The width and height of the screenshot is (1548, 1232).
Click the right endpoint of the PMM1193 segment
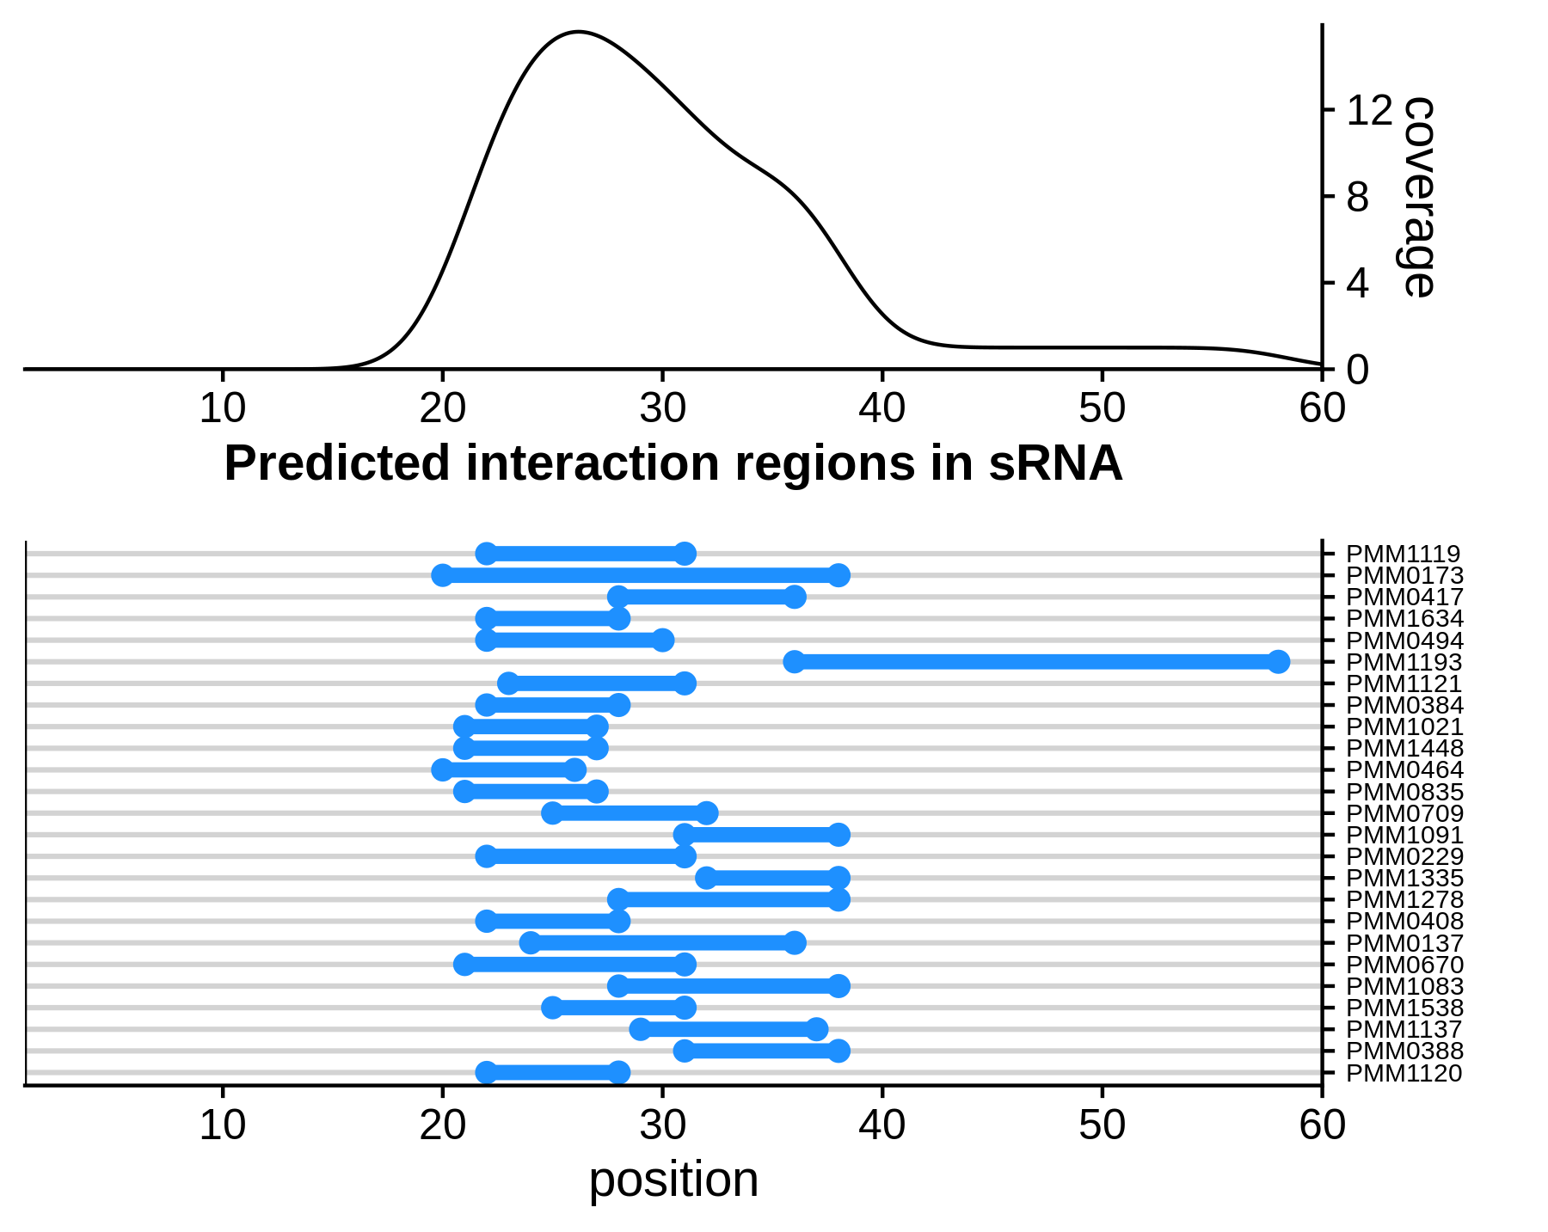pos(1278,662)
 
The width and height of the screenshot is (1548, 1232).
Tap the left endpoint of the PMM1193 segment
pos(795,662)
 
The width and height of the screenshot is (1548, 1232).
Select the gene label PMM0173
pos(1404,576)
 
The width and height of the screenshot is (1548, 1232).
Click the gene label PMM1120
pos(1404,1073)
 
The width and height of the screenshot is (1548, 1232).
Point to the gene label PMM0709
pos(1404,813)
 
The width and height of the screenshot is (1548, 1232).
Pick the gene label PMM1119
pos(1404,555)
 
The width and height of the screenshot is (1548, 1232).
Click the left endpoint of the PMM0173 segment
pos(443,575)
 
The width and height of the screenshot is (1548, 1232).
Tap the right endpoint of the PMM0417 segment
pos(795,597)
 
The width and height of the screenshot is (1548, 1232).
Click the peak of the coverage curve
pos(578,32)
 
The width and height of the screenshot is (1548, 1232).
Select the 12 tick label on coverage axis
pos(1368,111)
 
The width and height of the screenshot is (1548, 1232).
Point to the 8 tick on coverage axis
pos(1329,197)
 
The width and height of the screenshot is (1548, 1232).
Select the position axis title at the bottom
pos(673,1179)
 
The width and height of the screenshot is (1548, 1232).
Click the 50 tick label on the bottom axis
pos(1102,1125)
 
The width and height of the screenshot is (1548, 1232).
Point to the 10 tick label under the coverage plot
pos(223,408)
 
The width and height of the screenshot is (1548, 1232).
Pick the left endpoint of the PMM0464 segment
pos(443,769)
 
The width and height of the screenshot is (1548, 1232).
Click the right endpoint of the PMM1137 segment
pos(817,1029)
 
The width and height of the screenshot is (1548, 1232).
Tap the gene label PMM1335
pos(1404,878)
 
